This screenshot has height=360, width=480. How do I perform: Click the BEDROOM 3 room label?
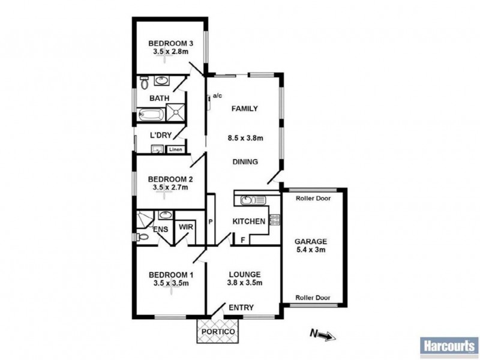[x=170, y=43]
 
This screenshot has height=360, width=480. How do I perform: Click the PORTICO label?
[x=217, y=331]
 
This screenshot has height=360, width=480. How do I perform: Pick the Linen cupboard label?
[x=175, y=149]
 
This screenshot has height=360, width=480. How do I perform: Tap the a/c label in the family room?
[x=217, y=96]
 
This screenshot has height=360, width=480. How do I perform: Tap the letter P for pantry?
[x=211, y=221]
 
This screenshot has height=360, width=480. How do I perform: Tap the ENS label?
[x=160, y=229]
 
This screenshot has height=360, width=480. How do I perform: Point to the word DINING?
[x=245, y=161]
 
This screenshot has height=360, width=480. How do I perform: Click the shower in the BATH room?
[x=175, y=112]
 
